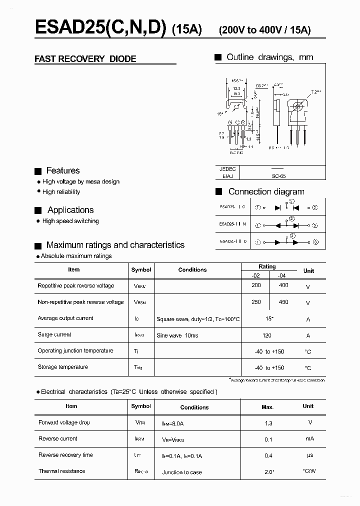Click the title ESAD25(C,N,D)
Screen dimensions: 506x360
pos(100,28)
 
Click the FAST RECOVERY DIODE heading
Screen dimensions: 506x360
pos(85,59)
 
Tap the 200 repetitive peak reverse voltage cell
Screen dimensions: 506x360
pos(256,285)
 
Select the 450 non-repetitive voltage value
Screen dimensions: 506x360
pos(283,302)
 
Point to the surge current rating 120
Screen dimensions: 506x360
pos(267,335)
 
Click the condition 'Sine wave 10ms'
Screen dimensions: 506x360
pos(177,335)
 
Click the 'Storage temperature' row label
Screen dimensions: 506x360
pos(62,367)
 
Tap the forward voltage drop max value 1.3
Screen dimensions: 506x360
pos(268,423)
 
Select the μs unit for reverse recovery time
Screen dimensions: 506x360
pos(309,455)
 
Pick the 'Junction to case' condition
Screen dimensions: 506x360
pos(182,472)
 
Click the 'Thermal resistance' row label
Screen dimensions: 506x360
pos(61,471)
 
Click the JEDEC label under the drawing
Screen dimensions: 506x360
pos(227,169)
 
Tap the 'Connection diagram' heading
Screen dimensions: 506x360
pos(266,191)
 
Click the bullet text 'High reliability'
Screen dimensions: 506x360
pos(61,192)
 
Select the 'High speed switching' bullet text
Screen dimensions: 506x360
pos(70,221)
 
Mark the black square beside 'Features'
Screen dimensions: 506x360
pos(37,171)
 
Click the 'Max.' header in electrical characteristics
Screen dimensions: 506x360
pos(267,407)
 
